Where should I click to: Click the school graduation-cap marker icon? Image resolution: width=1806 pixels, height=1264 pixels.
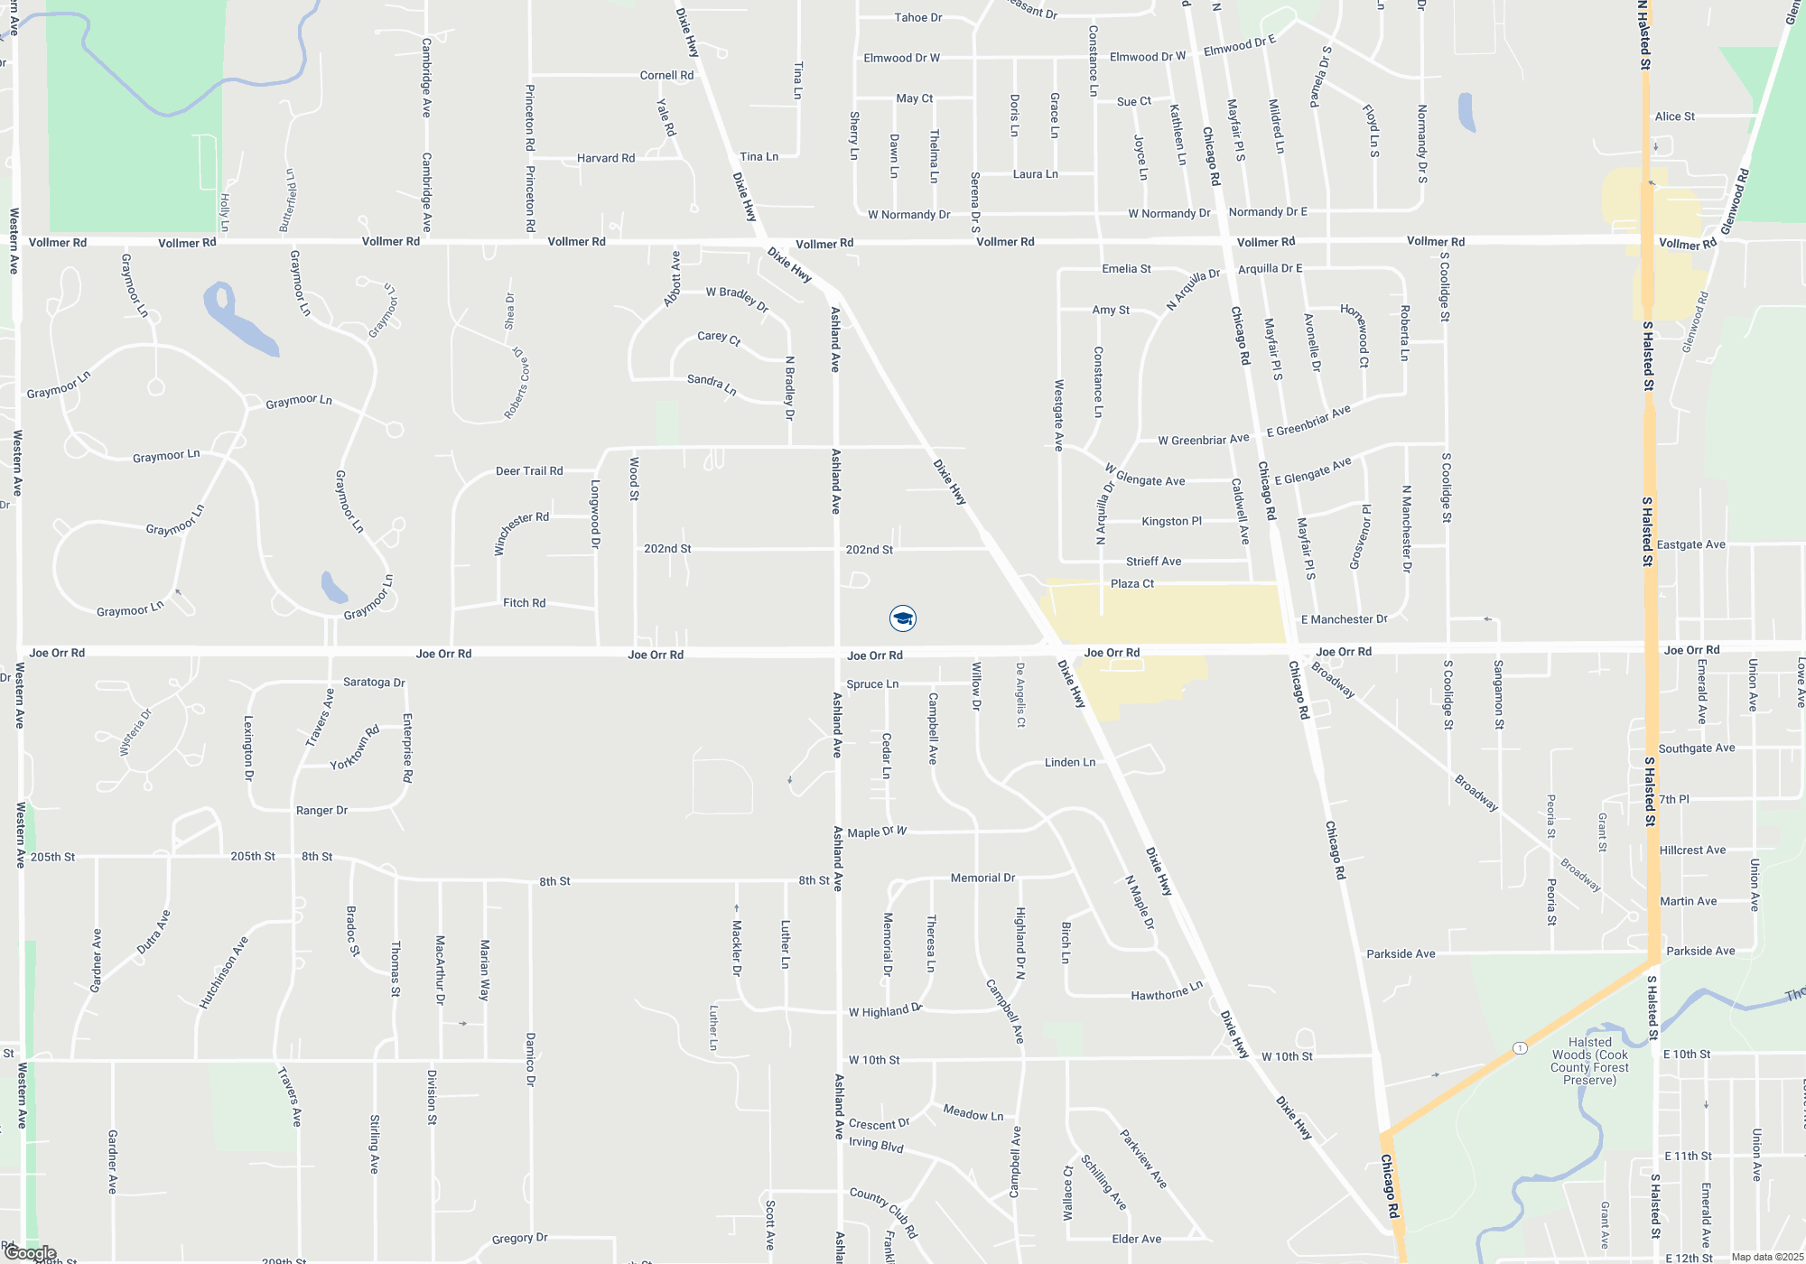click(903, 618)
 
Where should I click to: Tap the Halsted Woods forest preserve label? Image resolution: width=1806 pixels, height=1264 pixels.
click(1589, 1061)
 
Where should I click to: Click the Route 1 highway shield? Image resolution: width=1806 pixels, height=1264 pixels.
click(1521, 1048)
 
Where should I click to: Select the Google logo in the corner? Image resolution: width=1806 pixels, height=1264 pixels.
click(30, 1253)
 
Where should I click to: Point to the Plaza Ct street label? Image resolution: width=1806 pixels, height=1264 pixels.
click(1131, 584)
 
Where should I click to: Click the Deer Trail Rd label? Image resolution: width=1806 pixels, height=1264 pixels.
click(529, 471)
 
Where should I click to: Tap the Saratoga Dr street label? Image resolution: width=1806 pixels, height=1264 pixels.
click(374, 683)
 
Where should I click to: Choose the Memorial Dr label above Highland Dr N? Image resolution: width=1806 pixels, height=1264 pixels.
click(982, 878)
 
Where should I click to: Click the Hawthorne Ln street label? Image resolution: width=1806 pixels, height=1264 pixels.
click(1167, 992)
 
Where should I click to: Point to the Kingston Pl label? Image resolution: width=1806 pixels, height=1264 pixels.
click(1171, 521)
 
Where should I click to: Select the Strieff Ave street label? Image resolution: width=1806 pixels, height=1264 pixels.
click(1153, 562)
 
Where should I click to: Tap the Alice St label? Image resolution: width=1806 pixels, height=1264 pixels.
click(1674, 116)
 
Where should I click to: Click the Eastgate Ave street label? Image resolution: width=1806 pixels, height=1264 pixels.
click(1690, 544)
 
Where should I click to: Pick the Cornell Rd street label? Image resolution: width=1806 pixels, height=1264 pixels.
click(666, 76)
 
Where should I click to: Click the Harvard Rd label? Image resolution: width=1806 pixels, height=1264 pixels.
click(606, 158)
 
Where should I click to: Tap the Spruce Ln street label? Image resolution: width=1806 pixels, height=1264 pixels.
click(872, 684)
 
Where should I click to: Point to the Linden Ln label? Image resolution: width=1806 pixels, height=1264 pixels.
click(1070, 763)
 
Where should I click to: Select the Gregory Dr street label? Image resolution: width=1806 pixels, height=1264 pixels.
click(519, 1239)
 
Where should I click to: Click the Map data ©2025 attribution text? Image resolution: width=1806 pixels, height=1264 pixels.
click(1767, 1257)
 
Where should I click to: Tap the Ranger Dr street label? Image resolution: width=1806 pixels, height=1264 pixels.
click(321, 811)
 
